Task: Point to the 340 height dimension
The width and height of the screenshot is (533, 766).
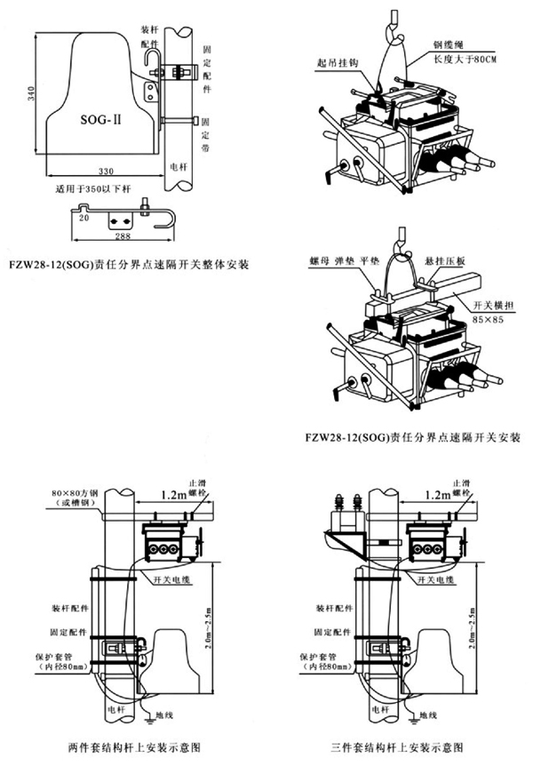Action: point(31,94)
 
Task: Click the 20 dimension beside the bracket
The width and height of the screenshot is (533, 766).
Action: point(83,216)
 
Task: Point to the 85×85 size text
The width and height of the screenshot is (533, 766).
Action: point(481,317)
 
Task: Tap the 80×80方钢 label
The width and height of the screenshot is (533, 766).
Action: point(71,493)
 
